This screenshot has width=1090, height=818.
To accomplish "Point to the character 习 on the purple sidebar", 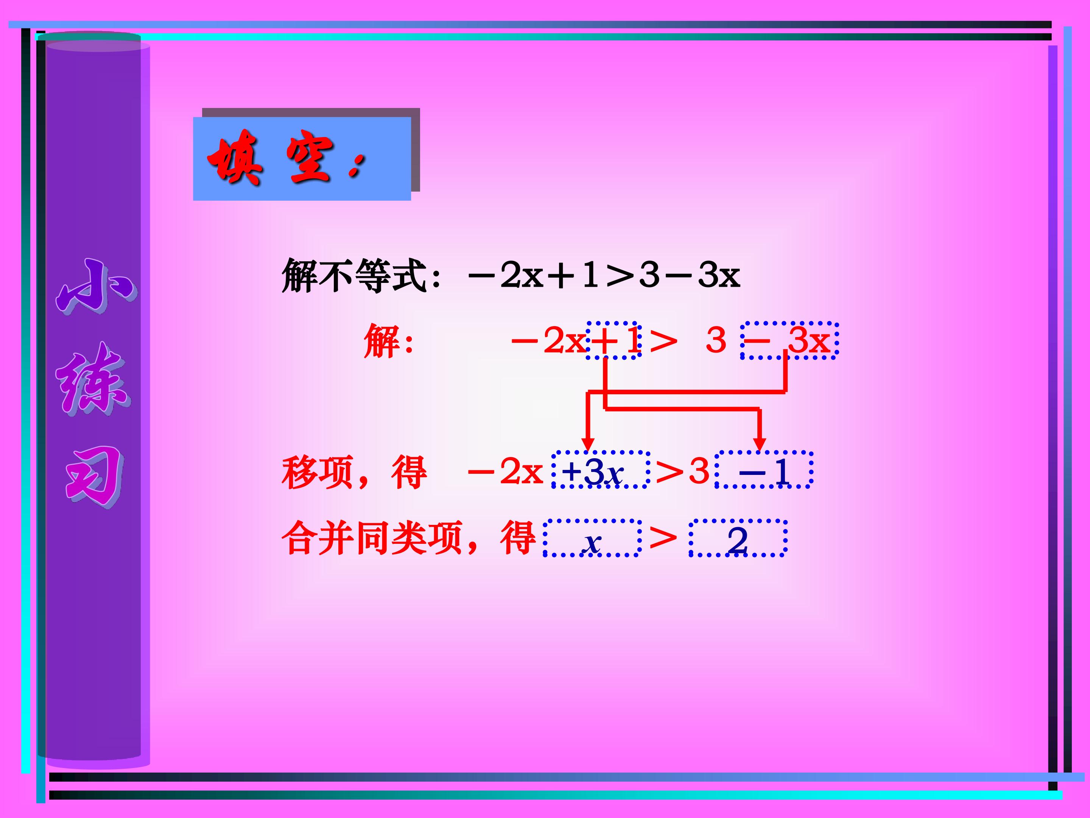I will (93, 476).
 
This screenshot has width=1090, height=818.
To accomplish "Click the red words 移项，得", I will (354, 472).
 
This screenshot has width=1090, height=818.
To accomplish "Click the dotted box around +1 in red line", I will (614, 340).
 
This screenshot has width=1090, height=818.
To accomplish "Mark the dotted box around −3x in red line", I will (789, 340).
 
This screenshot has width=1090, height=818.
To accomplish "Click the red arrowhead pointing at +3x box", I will (588, 444).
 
